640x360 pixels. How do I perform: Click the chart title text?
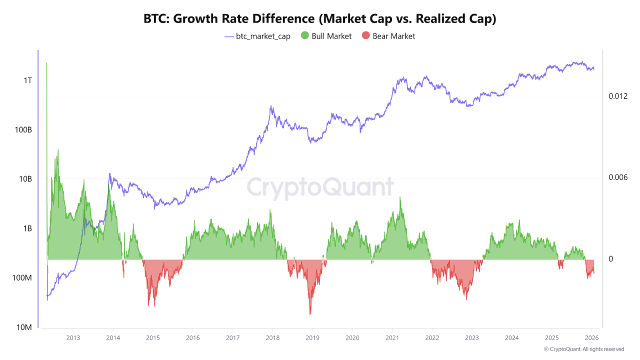(320, 19)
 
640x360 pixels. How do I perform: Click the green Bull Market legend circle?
(304, 36)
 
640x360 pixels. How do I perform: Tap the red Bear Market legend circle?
(366, 36)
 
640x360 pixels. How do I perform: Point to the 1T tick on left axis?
(27, 80)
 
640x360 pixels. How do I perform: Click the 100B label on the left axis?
(23, 130)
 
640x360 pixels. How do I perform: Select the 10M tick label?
(24, 327)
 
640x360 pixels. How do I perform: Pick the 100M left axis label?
(22, 278)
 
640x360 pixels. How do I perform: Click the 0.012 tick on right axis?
(617, 96)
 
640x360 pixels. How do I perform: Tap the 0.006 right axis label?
(617, 177)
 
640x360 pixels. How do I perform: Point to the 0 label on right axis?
(610, 259)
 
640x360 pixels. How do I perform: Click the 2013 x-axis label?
(73, 338)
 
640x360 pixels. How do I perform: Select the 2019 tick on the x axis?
(312, 338)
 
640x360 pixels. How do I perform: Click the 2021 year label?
(392, 338)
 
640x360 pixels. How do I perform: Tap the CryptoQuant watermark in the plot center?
(320, 188)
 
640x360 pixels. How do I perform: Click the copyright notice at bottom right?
(583, 349)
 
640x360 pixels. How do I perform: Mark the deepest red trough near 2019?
(310, 313)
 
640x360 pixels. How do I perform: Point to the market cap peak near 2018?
(271, 106)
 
